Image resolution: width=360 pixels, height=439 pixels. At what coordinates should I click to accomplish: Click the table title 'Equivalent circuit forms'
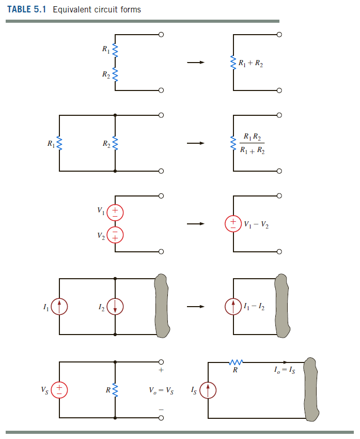[x=96, y=9]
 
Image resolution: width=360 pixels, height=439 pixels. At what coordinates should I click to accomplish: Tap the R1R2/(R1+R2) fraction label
[x=252, y=144]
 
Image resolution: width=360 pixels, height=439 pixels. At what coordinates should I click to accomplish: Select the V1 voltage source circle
[x=115, y=211]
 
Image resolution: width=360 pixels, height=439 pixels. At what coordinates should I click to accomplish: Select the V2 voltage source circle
[x=115, y=235]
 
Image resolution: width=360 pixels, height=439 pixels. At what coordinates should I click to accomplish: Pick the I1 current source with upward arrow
[x=60, y=307]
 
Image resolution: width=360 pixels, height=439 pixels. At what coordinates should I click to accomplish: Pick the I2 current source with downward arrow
[x=115, y=307]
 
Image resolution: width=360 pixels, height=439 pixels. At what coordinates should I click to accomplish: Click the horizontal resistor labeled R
[x=236, y=362]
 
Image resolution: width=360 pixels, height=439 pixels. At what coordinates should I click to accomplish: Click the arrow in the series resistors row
[x=196, y=63]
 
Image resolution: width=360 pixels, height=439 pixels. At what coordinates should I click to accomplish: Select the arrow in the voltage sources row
[x=196, y=224]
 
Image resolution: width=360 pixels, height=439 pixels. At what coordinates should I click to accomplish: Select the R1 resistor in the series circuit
[x=115, y=51]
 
